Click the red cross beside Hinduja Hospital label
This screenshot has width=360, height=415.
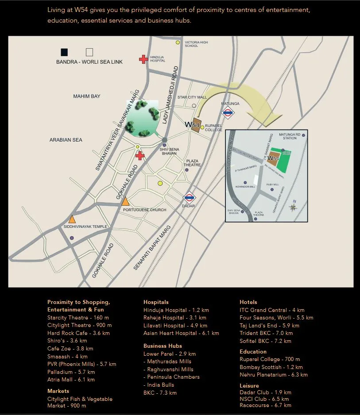(143, 59)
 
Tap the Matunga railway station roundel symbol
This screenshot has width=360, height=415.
(228, 113)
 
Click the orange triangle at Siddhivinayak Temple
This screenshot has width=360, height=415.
(72, 219)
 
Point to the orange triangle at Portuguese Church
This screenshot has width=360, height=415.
(125, 201)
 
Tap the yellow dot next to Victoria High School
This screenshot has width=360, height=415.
(178, 42)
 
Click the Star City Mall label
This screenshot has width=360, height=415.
(192, 97)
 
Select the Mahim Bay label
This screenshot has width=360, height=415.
(87, 96)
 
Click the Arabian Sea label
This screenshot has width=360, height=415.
(66, 140)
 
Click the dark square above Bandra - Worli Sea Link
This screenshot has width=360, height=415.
(65, 52)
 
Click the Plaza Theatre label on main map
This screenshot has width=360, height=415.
(192, 163)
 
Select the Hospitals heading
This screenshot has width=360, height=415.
(156, 302)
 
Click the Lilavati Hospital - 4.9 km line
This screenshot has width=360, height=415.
(175, 325)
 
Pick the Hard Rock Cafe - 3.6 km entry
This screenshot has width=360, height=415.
(78, 333)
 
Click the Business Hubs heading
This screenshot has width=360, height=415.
(163, 346)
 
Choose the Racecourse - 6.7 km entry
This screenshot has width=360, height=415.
(265, 405)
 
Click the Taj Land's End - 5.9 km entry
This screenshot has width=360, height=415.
(269, 325)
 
